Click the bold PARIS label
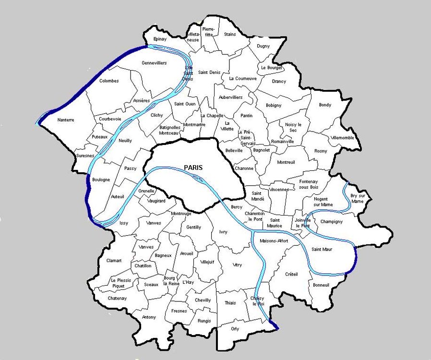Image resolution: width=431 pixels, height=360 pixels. tap(193, 168)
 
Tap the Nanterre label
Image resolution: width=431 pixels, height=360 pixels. tap(65, 120)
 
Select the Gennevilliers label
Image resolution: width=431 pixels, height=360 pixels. tap(154, 63)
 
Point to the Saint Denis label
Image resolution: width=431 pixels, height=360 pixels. tap(209, 72)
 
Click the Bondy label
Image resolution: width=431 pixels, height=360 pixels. tap(325, 105)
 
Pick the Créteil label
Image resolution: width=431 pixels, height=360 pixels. tap(291, 274)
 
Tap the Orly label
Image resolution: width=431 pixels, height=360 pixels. tap(235, 329)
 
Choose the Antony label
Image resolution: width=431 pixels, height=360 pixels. tap(149, 317)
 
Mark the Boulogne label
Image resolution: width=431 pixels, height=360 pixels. tap(101, 180)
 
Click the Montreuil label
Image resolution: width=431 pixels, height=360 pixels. tap(286, 162)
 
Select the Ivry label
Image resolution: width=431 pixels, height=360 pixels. tap(223, 232)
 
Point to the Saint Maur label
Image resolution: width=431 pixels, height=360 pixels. tap(322, 249)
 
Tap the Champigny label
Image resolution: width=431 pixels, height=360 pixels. tap(331, 222)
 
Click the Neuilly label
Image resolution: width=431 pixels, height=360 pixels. tap(125, 141)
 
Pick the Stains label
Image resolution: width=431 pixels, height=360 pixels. tap(230, 35)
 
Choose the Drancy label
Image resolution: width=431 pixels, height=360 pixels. tap(279, 82)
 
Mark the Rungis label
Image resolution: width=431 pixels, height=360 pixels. tap(204, 321)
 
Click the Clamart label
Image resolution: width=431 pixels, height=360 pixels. tap(114, 261)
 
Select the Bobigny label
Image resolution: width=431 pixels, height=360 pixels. tap(274, 106)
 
